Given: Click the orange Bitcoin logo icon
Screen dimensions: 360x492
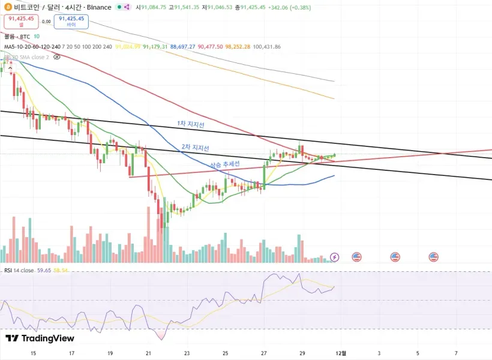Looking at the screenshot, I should pos(7,7).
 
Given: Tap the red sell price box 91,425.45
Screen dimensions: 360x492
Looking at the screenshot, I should pos(21,22).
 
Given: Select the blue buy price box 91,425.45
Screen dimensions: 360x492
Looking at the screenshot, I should pos(71,22).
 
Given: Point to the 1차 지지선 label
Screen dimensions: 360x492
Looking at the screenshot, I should pos(191,124).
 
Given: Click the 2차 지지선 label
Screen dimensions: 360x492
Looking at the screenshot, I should pos(195,148).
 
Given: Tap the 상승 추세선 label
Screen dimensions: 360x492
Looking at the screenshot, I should pos(224,164).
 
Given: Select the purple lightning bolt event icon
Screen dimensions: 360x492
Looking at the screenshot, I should pos(335,257).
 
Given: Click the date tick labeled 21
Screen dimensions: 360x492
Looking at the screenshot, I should pos(149,353).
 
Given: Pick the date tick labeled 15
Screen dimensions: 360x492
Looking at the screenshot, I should pos(33,353).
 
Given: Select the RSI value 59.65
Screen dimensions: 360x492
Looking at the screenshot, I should pos(44,271).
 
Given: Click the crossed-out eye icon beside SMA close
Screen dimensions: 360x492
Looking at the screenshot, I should pos(57,57).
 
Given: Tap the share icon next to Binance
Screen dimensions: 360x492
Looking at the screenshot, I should pos(127,7).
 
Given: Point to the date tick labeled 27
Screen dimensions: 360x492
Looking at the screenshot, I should pos(264,353).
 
